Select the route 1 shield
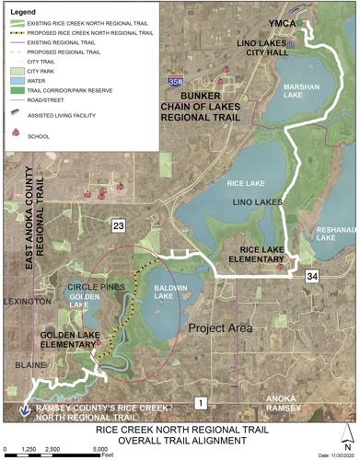(198, 402)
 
